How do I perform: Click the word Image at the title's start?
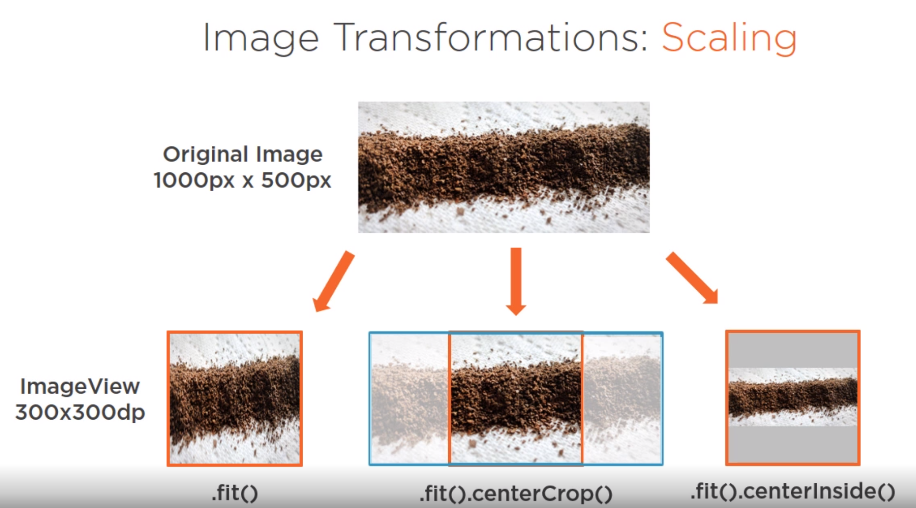pyautogui.click(x=261, y=38)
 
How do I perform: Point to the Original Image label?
pyautogui.click(x=243, y=154)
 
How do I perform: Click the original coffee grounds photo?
pyautogui.click(x=503, y=167)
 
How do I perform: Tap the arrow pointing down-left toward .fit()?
pyautogui.click(x=334, y=281)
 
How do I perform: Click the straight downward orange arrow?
pyautogui.click(x=516, y=281)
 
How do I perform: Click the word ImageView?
pyautogui.click(x=80, y=387)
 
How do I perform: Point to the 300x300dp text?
pyautogui.click(x=80, y=412)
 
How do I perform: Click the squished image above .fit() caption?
pyautogui.click(x=235, y=398)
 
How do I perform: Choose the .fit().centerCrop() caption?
pyautogui.click(x=516, y=493)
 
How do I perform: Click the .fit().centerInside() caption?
pyautogui.click(x=793, y=491)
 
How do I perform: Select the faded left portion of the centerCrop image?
pyautogui.click(x=410, y=398)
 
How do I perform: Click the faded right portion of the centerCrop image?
pyautogui.click(x=622, y=398)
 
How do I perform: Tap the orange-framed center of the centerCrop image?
pyautogui.click(x=516, y=398)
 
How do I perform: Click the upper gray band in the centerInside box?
pyautogui.click(x=793, y=350)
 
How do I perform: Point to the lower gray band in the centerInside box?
pyautogui.click(x=793, y=444)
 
